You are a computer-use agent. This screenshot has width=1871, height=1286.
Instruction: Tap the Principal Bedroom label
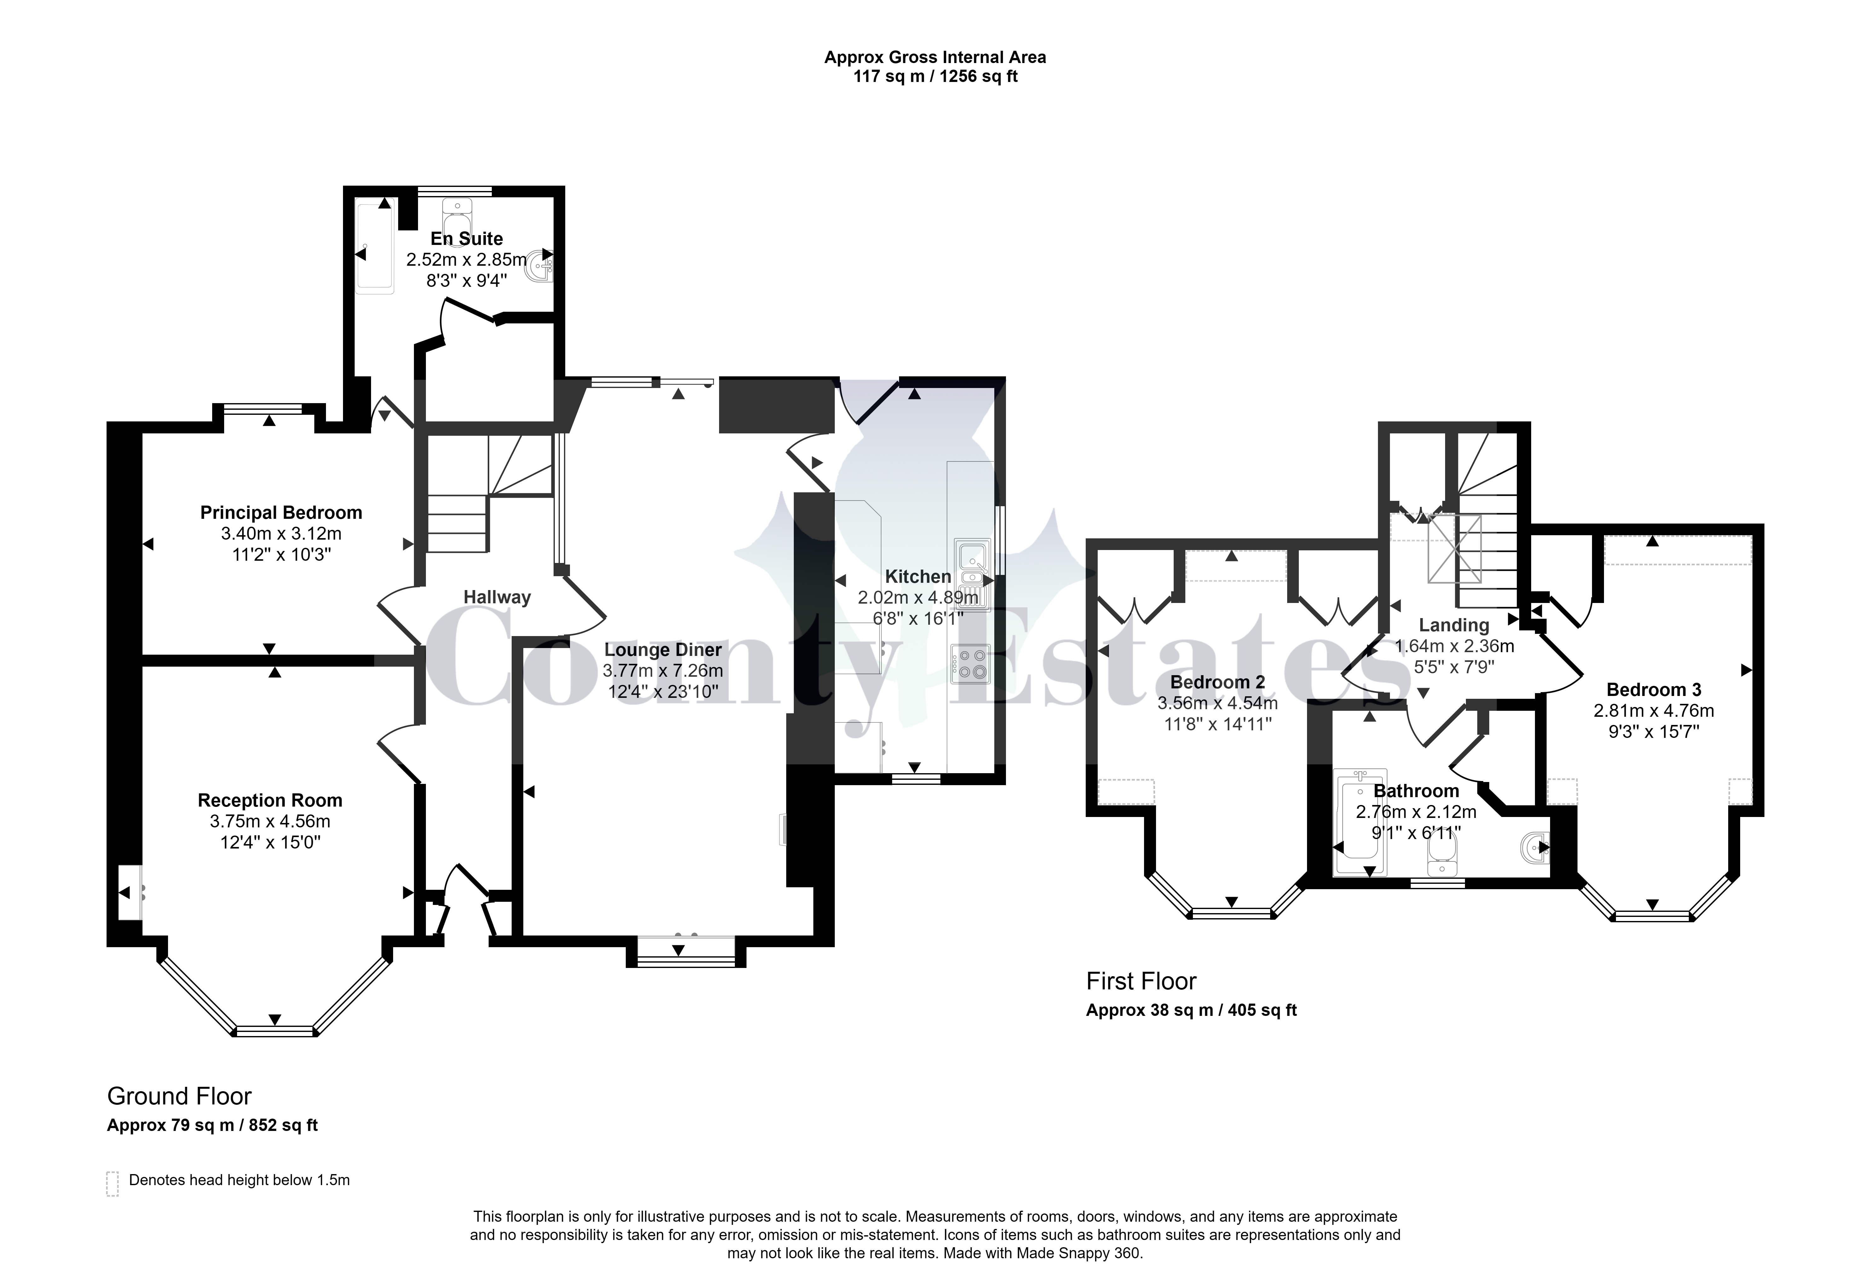point(281,513)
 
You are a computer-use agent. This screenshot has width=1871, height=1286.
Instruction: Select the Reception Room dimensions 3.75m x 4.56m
point(270,821)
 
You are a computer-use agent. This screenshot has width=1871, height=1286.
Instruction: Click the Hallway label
point(497,597)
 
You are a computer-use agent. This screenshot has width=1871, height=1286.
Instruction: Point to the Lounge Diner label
point(663,649)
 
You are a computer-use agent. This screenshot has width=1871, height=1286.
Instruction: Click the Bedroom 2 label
point(1217,682)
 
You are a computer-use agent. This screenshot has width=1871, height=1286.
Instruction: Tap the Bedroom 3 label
point(1653,690)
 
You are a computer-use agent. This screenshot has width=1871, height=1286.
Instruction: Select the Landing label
point(1454,625)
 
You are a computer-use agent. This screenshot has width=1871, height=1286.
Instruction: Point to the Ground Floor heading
point(180,1096)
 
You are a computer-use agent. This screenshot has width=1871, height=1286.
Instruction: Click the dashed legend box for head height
point(113,1184)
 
